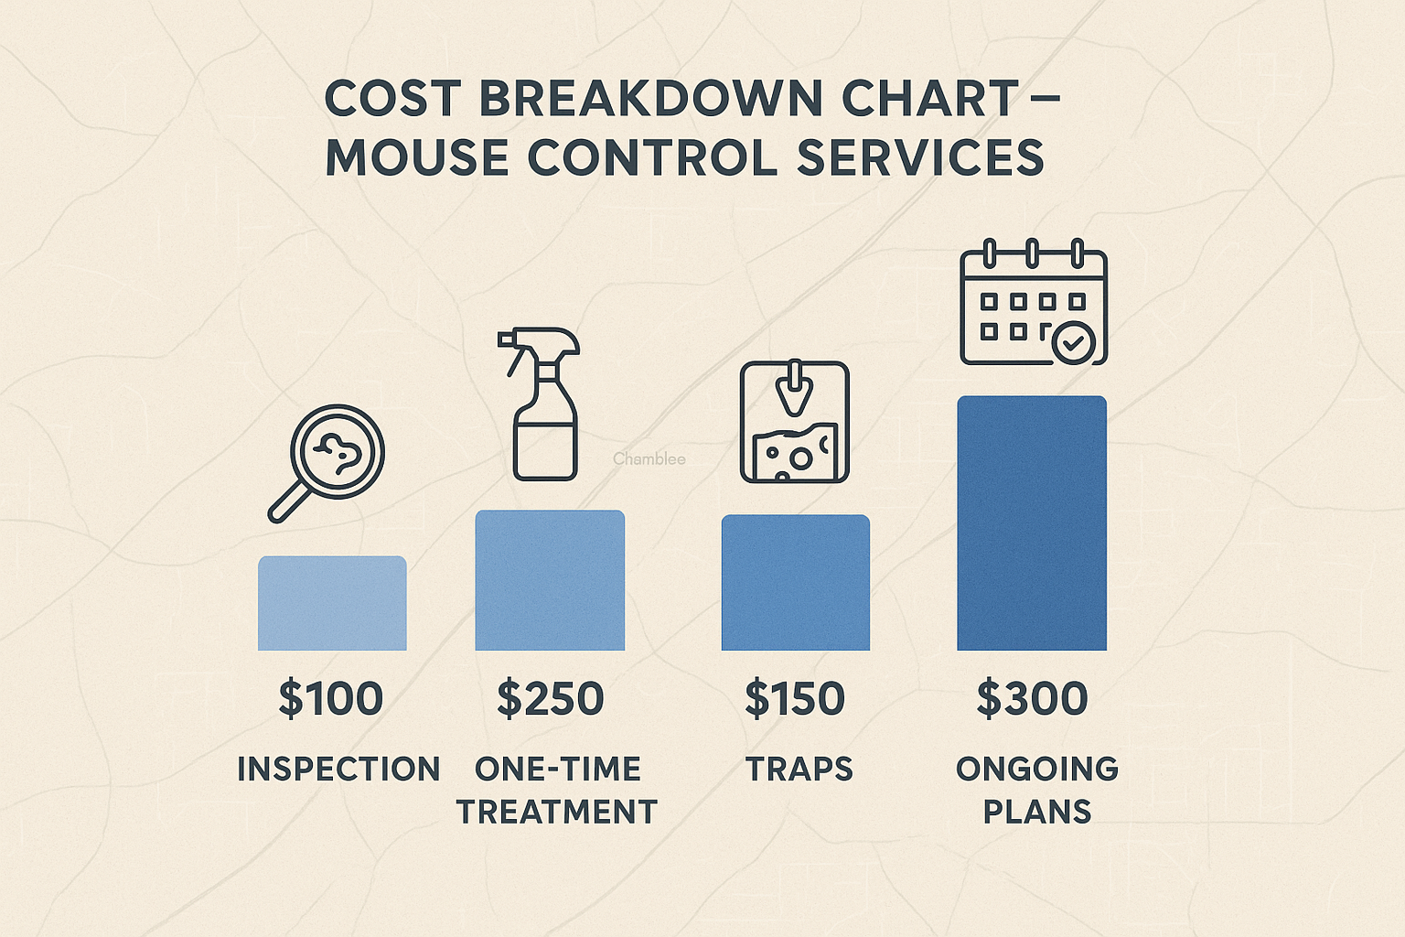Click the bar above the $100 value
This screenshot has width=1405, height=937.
pyautogui.click(x=332, y=604)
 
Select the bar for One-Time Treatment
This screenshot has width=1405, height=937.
pyautogui.click(x=550, y=581)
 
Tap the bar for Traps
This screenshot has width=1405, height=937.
pyautogui.click(x=795, y=583)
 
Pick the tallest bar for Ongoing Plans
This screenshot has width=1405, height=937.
pyautogui.click(x=1032, y=523)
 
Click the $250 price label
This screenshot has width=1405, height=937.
pyautogui.click(x=550, y=699)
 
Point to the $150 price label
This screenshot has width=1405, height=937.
pyautogui.click(x=794, y=699)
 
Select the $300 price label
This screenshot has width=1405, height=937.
pyautogui.click(x=1032, y=699)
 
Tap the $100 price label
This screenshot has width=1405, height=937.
pyautogui.click(x=331, y=699)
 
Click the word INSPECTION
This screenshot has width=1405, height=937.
pyautogui.click(x=338, y=770)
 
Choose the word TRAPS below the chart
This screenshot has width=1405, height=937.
pyautogui.click(x=799, y=770)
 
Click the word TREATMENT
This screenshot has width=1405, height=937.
pyautogui.click(x=557, y=813)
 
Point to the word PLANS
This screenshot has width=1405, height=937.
pyautogui.click(x=1037, y=813)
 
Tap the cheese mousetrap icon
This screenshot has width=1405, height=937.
pyautogui.click(x=794, y=422)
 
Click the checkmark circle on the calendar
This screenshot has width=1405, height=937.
pyautogui.click(x=1073, y=344)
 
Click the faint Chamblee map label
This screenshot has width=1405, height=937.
pyautogui.click(x=649, y=459)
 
